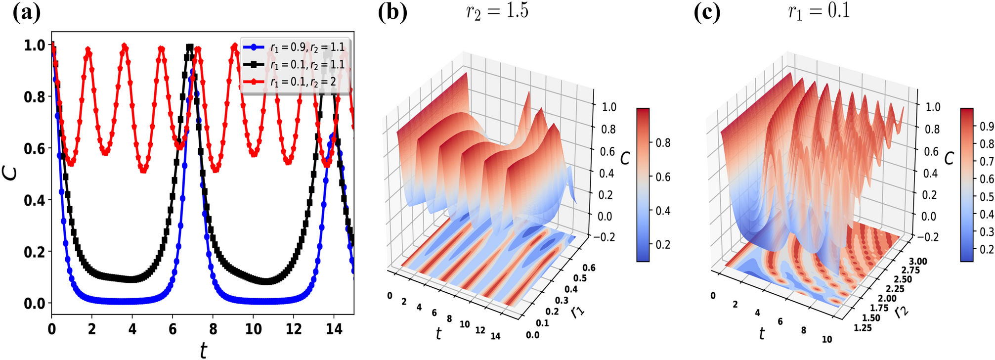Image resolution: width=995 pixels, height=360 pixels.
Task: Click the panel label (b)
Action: pyautogui.click(x=392, y=12)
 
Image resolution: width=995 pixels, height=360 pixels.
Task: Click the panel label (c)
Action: pyautogui.click(x=707, y=12)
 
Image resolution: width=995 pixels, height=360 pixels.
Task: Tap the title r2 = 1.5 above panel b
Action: pyautogui.click(x=497, y=11)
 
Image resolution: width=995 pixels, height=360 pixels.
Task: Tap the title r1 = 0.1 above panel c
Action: pyautogui.click(x=819, y=11)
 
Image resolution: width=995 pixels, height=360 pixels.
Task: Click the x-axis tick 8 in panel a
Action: pyautogui.click(x=213, y=329)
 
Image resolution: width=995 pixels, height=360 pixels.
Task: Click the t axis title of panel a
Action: pyautogui.click(x=203, y=350)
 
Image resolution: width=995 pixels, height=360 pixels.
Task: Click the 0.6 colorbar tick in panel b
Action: pyautogui.click(x=663, y=177)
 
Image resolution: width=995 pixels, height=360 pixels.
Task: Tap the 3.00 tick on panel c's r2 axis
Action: pyautogui.click(x=917, y=262)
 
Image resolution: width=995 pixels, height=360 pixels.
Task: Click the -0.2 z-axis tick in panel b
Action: pyautogui.click(x=605, y=237)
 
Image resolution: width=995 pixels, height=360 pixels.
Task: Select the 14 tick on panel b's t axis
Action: pyautogui.click(x=495, y=336)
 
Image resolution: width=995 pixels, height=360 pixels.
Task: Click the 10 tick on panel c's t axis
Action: pyautogui.click(x=827, y=339)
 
